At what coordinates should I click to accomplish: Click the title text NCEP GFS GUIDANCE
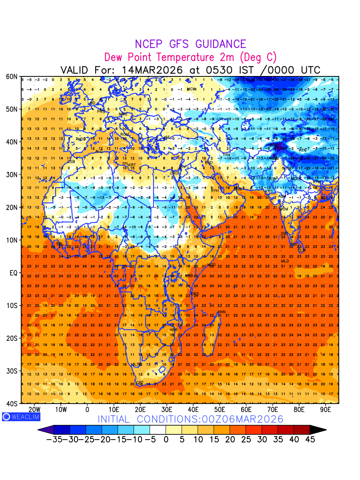(190, 44)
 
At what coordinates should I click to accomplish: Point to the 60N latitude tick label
(12, 76)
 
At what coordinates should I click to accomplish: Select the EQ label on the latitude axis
(13, 273)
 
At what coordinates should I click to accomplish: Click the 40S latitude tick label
(12, 404)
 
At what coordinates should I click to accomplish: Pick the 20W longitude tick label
(34, 410)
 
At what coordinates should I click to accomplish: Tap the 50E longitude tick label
(220, 410)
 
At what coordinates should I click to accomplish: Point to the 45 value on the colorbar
(310, 439)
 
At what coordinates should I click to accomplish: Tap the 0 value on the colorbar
(166, 439)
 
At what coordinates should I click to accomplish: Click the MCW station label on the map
(192, 89)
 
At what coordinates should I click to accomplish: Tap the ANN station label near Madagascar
(222, 312)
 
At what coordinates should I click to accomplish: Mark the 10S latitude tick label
(12, 306)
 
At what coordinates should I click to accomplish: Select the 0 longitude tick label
(87, 410)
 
